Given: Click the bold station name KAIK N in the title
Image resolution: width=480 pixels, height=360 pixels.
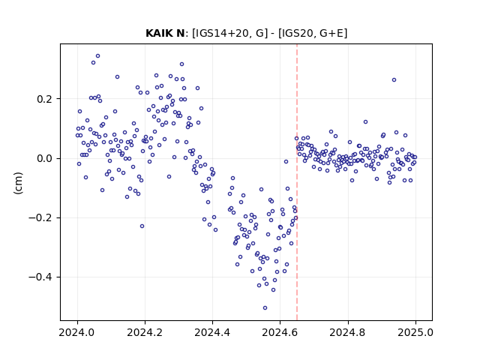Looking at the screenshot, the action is pos(165,33).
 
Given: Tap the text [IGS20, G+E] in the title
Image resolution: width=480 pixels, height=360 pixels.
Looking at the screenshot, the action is pos(313,33).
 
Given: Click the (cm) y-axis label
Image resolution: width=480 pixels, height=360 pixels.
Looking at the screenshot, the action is pos(18,183).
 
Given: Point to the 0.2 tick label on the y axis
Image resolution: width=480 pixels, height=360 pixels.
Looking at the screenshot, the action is pos(46,99).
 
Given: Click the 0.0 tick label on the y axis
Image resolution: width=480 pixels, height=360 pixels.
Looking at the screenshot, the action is pos(46,158).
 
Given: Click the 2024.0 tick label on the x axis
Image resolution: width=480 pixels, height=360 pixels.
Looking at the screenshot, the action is pos(77,332).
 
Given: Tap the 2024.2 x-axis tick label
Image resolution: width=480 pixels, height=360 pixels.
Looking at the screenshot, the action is pos(145,332).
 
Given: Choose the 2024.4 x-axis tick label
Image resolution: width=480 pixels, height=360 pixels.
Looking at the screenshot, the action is pos(212,332).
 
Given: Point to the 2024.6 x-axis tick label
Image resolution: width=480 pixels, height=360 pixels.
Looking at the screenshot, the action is pos(280,332).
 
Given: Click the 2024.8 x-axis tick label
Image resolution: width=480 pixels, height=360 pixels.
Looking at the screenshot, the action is pos(348,332).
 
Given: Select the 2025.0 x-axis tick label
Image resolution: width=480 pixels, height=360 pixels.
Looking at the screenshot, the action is pos(415,332).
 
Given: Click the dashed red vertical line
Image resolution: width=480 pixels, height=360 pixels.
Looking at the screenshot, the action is pos(297,182).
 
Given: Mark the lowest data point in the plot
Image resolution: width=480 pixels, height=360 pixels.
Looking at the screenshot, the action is pos(265,307).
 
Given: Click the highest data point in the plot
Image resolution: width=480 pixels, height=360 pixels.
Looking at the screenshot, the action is pos(98,56).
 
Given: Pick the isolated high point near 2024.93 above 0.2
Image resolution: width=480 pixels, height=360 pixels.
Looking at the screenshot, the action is pos(394,80).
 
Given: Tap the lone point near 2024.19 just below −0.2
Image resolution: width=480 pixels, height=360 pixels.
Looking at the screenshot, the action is pos(142,226).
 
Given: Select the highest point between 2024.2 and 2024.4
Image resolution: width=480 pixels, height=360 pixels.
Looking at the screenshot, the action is pos(181,64).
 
